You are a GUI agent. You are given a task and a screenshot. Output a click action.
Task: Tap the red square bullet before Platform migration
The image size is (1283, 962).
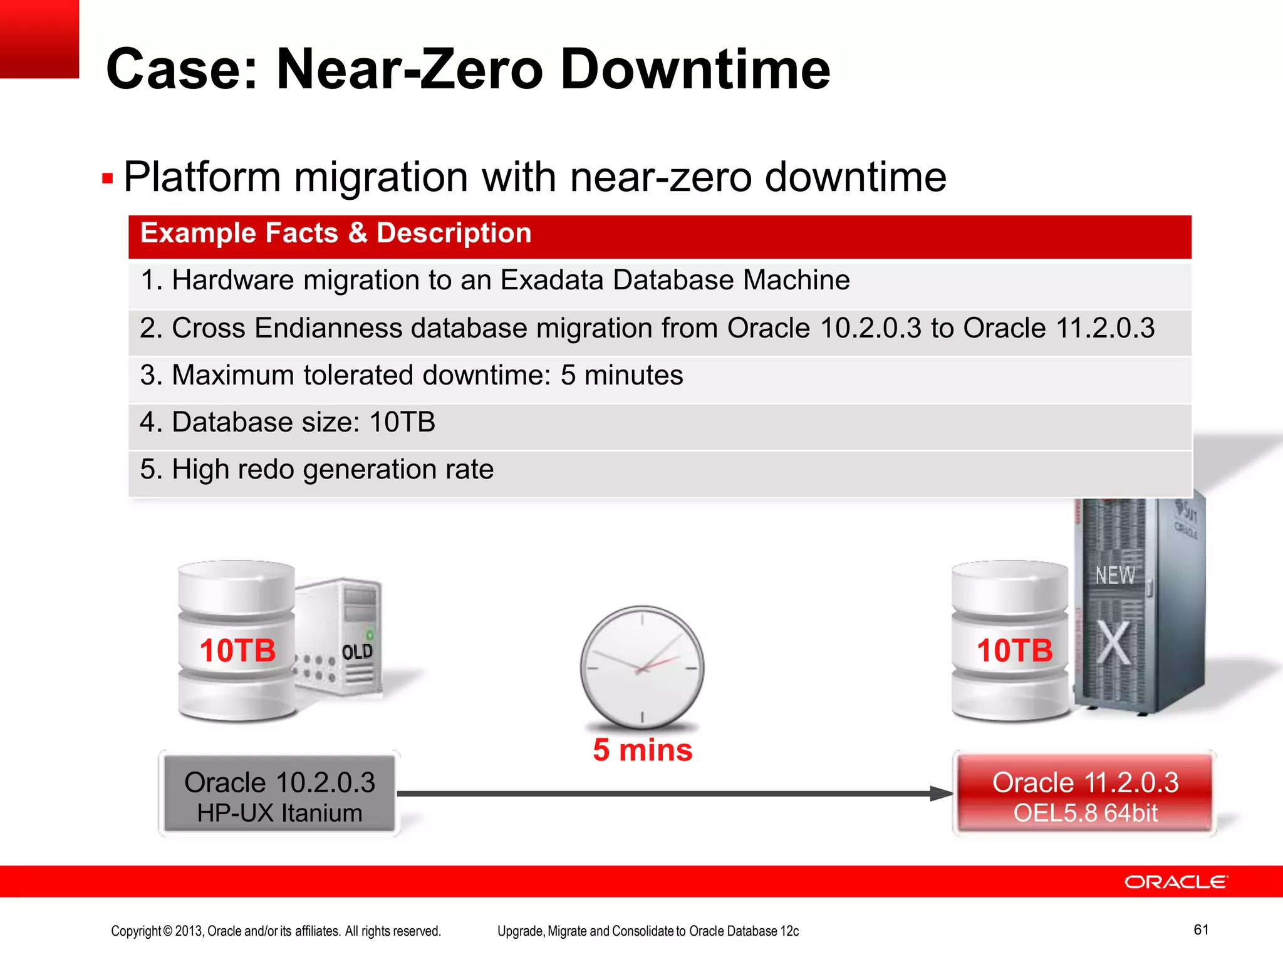(x=107, y=179)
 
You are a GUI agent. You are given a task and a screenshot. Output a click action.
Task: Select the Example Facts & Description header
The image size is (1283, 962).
(x=336, y=234)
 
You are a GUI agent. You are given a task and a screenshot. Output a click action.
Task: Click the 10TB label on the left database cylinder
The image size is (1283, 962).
(x=237, y=650)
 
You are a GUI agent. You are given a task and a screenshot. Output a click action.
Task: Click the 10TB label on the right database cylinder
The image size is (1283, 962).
(x=1015, y=650)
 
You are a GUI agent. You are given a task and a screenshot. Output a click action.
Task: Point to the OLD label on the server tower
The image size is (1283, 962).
(x=357, y=652)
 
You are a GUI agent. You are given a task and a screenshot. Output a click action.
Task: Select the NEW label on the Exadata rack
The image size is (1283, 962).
(x=1115, y=575)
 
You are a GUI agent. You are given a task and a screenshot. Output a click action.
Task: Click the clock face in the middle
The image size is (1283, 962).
(x=641, y=666)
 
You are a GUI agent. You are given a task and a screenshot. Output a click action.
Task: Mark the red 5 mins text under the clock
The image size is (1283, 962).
(x=643, y=750)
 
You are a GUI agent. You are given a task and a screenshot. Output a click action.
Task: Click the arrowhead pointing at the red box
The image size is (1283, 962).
(x=941, y=794)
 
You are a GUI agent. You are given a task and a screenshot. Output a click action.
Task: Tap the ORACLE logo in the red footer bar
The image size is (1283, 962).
(x=1176, y=882)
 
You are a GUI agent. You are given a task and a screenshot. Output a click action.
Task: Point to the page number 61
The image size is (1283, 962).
(x=1201, y=929)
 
